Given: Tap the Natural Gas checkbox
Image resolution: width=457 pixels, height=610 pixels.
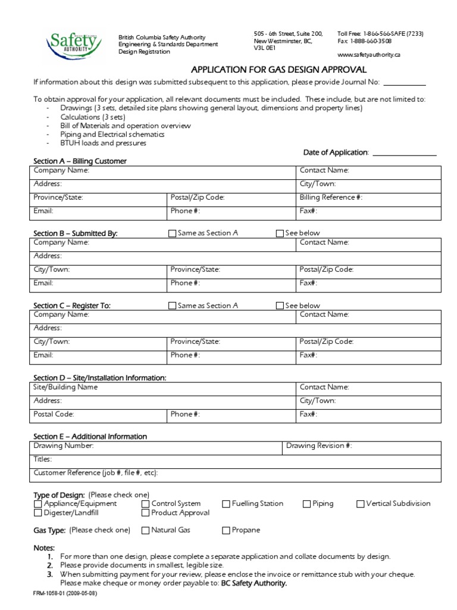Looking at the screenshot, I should click(145, 530).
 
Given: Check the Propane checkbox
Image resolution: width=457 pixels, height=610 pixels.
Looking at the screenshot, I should click(226, 530).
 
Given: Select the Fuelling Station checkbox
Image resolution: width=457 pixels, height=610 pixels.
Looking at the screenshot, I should click(226, 504).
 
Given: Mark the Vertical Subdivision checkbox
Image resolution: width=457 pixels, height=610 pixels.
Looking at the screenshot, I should click(360, 504).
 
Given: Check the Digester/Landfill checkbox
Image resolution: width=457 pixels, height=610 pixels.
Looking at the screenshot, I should click(38, 513).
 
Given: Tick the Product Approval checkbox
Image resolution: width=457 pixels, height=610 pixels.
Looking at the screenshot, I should click(145, 513).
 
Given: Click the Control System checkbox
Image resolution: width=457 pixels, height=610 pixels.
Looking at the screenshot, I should click(145, 504).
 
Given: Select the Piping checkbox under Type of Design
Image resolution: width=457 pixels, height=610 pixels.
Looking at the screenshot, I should click(306, 504).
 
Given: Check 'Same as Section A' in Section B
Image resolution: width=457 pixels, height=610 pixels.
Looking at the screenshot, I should click(173, 234).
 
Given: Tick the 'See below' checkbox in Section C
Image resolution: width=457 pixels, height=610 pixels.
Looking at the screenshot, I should click(280, 306).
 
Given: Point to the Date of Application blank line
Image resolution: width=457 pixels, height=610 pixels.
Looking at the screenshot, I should click(404, 153).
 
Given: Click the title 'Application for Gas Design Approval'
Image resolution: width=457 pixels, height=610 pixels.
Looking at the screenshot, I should click(278, 70).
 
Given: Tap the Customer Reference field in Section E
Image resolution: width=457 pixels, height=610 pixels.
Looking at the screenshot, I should click(298, 474).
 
